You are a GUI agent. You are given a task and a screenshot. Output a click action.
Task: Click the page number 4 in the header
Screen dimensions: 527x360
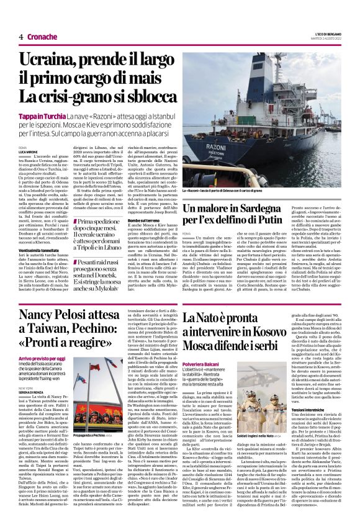click(20, 37)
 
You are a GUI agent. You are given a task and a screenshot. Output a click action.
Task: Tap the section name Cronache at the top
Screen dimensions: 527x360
click(41, 37)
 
